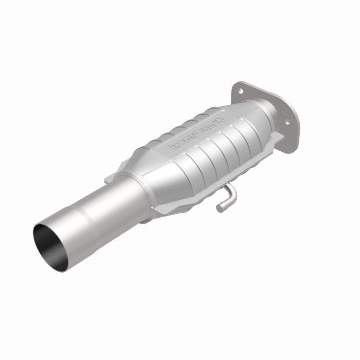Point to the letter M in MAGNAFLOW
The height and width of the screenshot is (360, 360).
tap(174, 147)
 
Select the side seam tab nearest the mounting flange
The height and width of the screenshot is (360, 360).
tap(274, 137)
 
